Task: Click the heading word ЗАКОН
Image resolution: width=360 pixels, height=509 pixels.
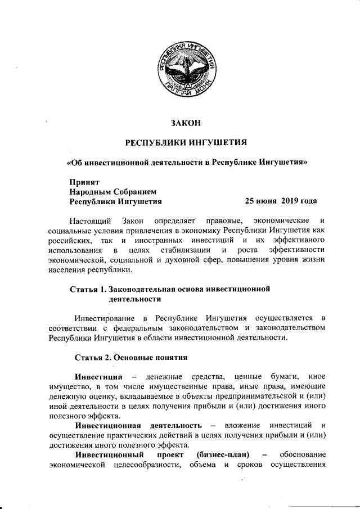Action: pyautogui.click(x=186, y=123)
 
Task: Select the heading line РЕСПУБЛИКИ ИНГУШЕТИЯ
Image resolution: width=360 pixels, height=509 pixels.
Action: pyautogui.click(x=186, y=142)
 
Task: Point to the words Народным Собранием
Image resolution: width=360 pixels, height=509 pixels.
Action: pyautogui.click(x=111, y=191)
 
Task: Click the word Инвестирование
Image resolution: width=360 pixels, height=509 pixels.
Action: pyautogui.click(x=104, y=318)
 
